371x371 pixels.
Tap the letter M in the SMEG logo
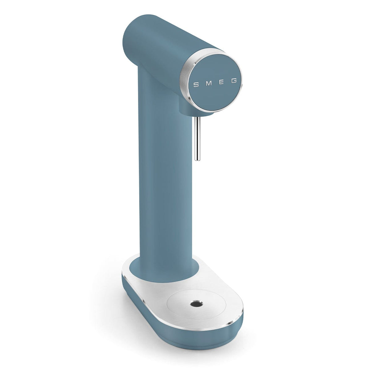pos(209,83)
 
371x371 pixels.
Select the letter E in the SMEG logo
pos(222,83)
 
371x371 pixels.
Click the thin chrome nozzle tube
pos(196,136)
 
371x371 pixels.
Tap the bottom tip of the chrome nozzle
pos(196,159)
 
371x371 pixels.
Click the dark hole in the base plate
pos(195,305)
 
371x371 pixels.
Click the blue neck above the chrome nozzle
pos(192,108)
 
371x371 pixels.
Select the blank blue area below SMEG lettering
pos(216,99)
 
